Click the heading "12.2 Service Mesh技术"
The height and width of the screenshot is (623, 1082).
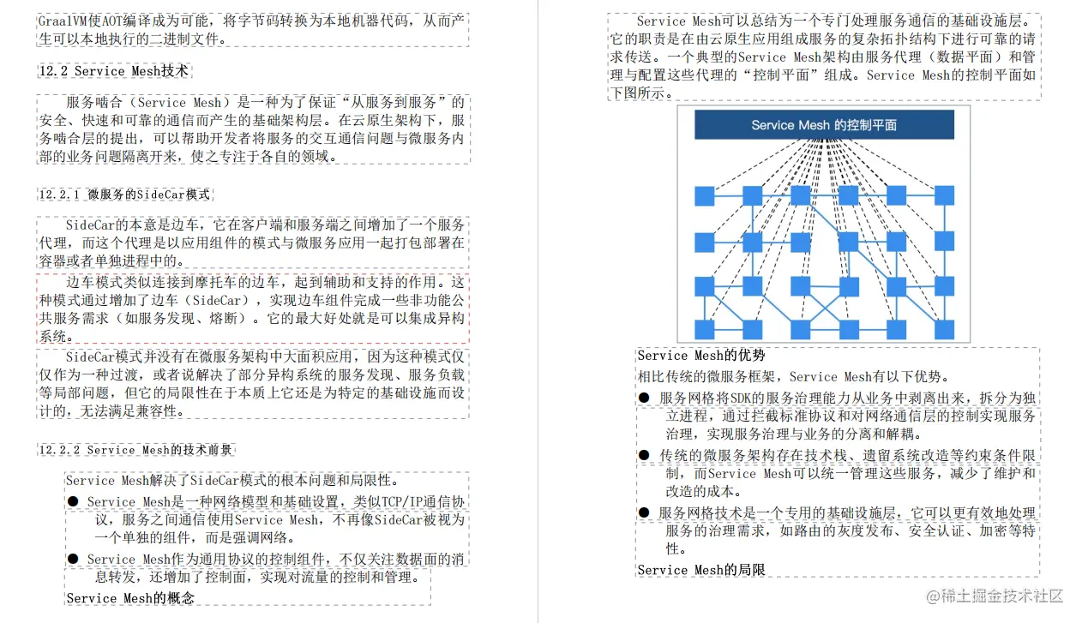click(x=113, y=71)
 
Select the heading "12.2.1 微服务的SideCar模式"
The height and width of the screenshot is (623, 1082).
click(x=124, y=195)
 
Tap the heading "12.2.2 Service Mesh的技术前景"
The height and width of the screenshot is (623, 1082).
click(x=135, y=450)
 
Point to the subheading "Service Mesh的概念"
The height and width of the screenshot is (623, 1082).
click(x=130, y=598)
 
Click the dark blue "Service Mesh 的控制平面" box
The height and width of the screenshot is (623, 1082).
click(x=824, y=125)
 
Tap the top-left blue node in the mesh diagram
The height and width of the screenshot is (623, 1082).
click(x=705, y=196)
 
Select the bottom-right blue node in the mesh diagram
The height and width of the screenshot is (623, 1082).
click(x=944, y=329)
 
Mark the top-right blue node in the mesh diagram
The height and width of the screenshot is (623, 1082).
click(x=944, y=196)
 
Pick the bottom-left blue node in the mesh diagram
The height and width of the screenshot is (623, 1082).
click(x=705, y=329)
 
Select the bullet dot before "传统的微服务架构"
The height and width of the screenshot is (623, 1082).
click(x=644, y=455)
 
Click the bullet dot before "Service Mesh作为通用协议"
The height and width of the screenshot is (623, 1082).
click(x=73, y=559)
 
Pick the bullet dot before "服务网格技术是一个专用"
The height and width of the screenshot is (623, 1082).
click(x=644, y=512)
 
